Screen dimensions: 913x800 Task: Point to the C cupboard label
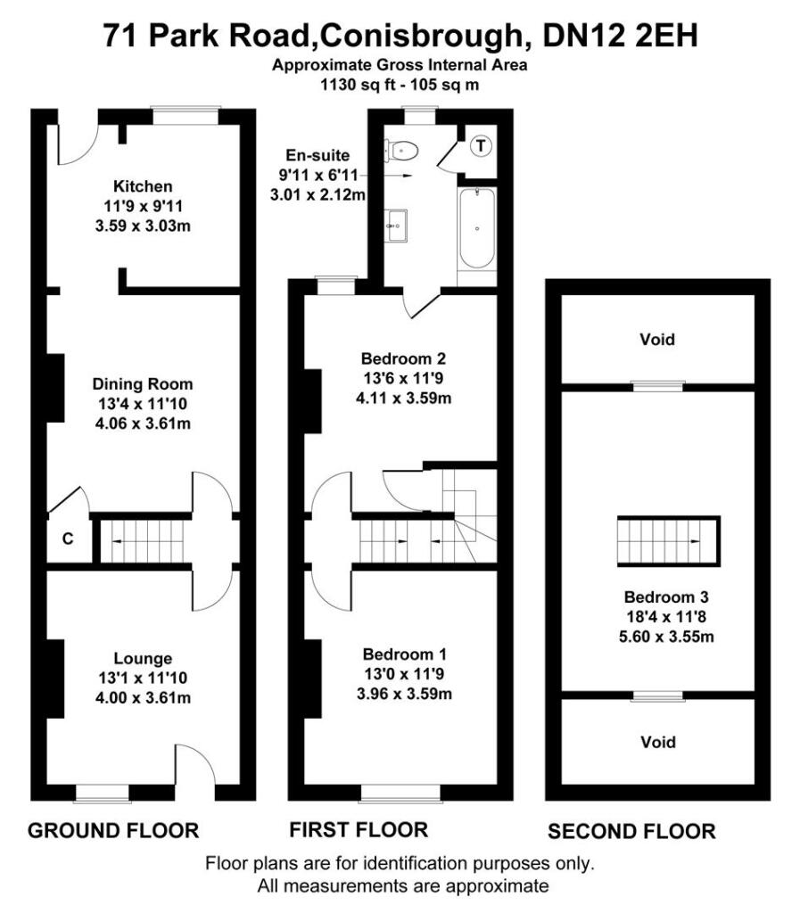[x=67, y=539]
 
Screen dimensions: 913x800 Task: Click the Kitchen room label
[x=143, y=186]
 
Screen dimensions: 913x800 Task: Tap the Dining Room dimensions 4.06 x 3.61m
[x=143, y=424]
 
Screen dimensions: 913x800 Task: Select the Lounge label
[x=143, y=659]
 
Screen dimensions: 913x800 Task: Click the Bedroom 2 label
[x=403, y=358]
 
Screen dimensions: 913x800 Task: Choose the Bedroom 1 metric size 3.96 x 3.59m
[x=403, y=693]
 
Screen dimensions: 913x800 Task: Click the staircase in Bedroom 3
[x=666, y=540]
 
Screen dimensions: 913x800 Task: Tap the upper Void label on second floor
[x=657, y=340]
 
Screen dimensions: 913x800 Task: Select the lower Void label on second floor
[x=657, y=742]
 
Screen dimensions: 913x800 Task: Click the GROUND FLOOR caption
[x=113, y=831]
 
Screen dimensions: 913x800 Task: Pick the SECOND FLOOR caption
[x=631, y=832]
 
